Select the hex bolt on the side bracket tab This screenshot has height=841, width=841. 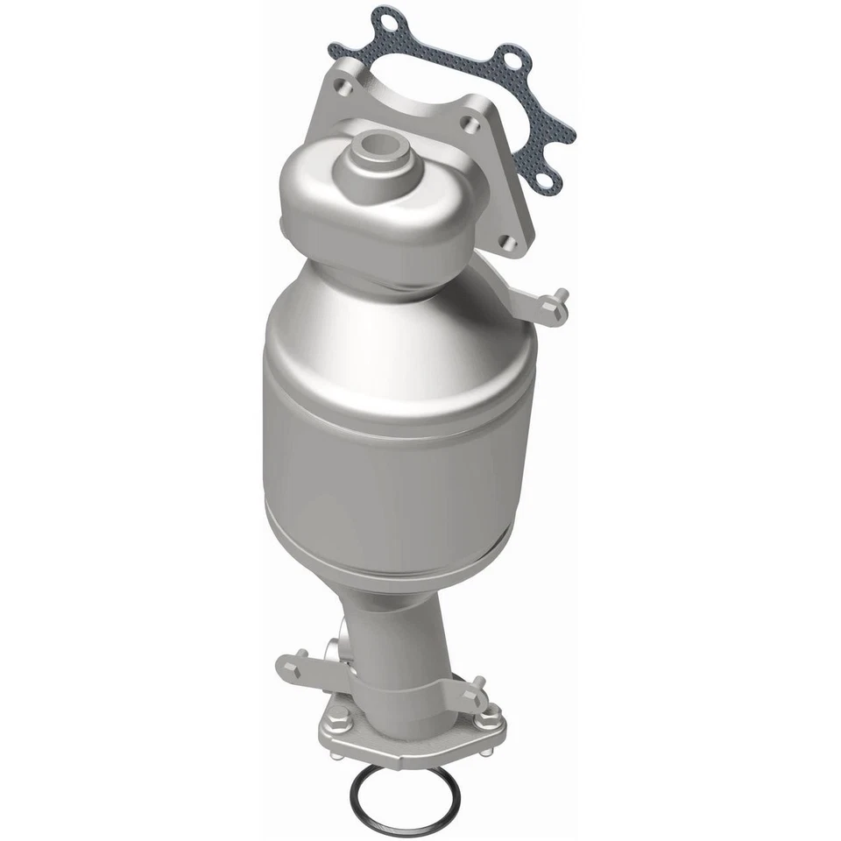coord(551,302)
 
